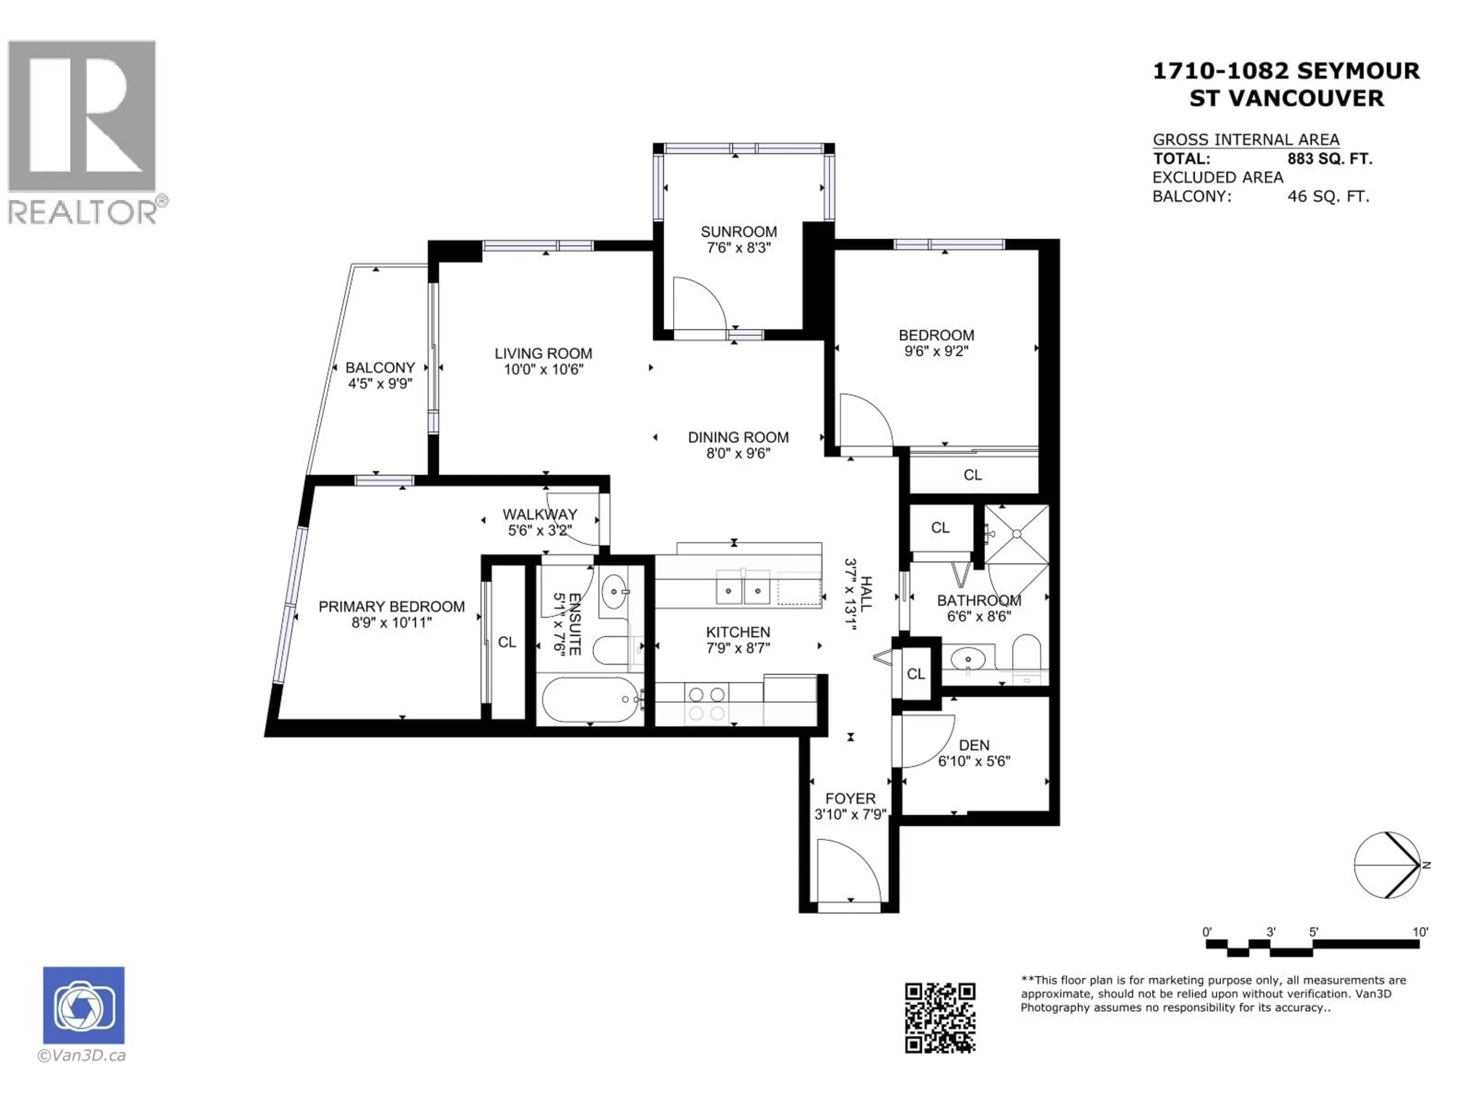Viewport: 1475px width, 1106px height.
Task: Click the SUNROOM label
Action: [738, 232]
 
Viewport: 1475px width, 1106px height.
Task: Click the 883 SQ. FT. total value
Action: [1329, 159]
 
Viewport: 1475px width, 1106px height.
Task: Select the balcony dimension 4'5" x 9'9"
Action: [380, 384]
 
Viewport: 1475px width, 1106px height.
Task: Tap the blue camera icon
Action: [84, 1005]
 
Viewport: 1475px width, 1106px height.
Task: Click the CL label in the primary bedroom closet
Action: [507, 642]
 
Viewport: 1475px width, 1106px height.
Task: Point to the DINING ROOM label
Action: [738, 437]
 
